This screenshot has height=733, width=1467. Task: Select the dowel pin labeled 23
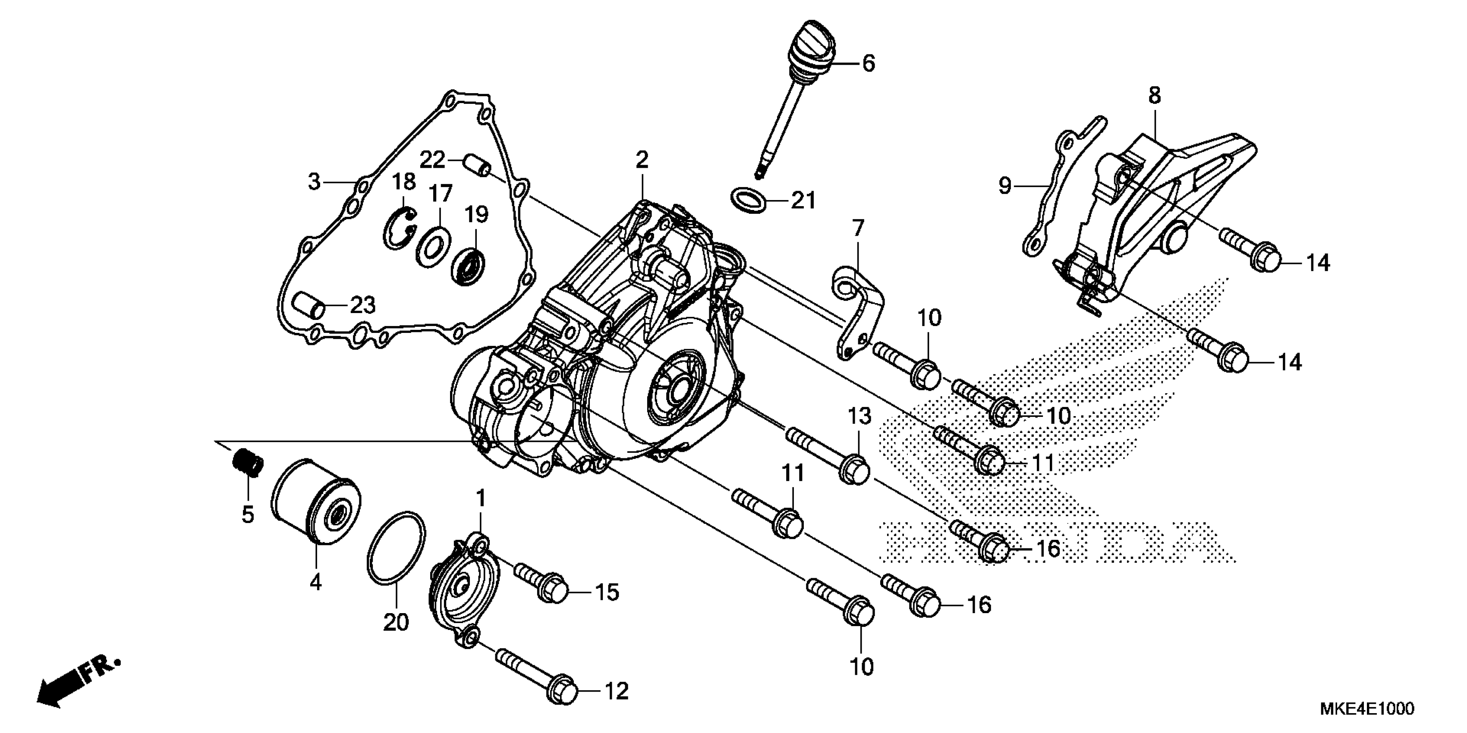pos(308,307)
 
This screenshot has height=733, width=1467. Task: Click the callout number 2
pos(642,160)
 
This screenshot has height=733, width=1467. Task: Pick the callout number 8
pos(1154,96)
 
